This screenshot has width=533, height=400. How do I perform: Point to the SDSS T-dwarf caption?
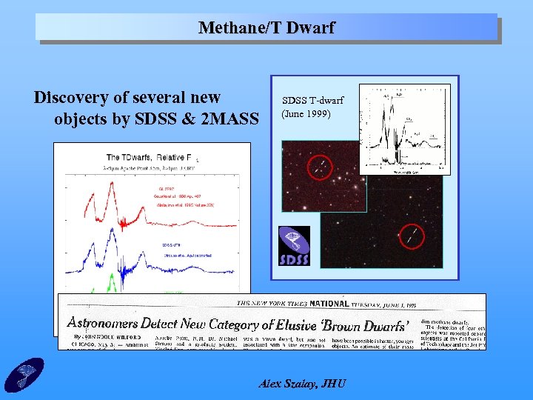tap(312, 101)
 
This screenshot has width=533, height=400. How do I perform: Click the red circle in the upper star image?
tap(320, 167)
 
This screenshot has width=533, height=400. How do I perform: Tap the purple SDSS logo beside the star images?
tap(294, 247)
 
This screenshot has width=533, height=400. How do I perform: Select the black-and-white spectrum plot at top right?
tap(404, 130)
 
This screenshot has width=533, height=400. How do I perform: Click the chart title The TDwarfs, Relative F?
tap(149, 157)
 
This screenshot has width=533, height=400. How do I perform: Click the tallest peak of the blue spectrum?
tap(113, 240)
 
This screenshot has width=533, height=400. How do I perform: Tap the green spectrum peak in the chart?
tap(113, 282)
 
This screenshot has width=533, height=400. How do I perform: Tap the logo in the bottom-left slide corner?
tap(24, 375)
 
